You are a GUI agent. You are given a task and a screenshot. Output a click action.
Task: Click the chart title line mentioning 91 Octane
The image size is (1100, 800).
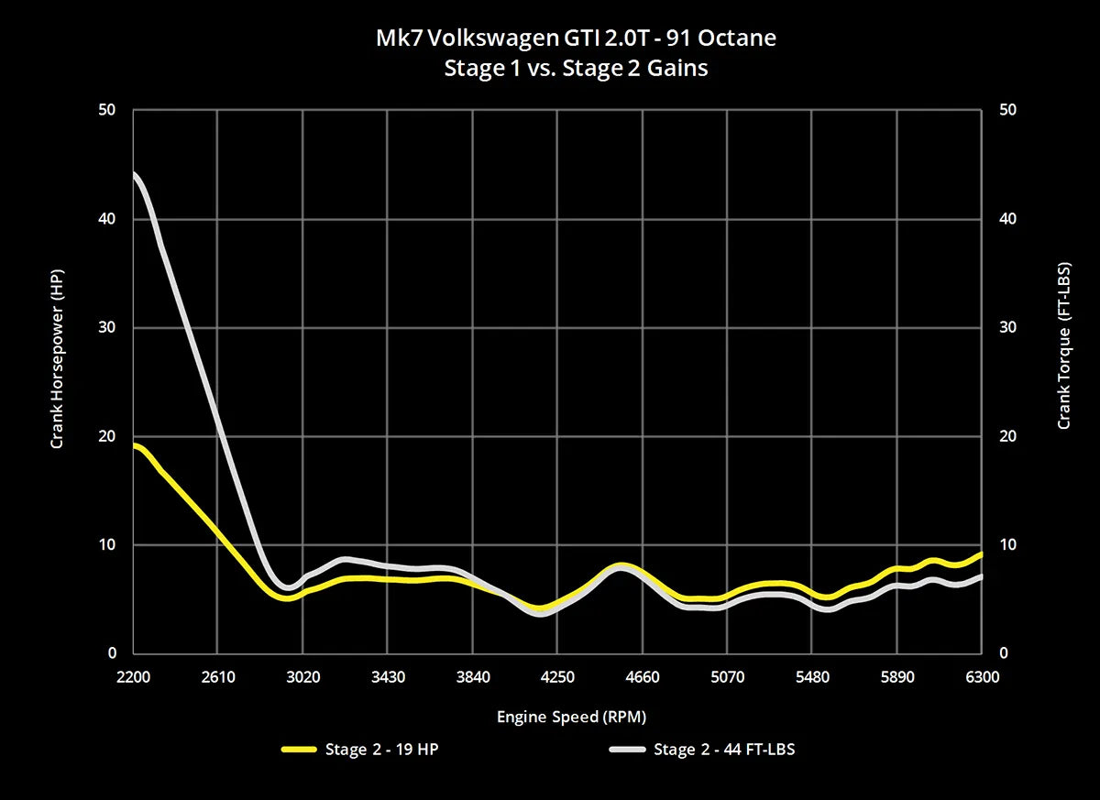tap(576, 38)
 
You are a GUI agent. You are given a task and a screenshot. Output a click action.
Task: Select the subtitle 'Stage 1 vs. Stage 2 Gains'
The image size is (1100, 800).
tap(576, 68)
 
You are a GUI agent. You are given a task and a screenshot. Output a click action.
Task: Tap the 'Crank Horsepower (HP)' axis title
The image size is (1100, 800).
tap(57, 378)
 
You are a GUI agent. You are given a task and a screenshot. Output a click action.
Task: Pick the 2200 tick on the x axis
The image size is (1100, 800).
tap(134, 677)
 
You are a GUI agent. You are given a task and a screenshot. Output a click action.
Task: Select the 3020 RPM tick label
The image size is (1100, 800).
tap(302, 677)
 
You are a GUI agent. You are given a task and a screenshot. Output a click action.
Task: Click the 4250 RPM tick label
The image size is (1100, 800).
tap(557, 677)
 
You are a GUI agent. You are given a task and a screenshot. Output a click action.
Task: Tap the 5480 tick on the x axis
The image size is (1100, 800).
tap(811, 677)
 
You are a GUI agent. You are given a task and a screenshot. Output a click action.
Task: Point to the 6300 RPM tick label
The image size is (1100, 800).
tap(981, 677)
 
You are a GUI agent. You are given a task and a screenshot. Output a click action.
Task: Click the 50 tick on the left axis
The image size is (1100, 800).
tap(108, 110)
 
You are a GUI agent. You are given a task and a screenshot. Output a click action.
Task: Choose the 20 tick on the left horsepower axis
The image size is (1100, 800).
tap(108, 436)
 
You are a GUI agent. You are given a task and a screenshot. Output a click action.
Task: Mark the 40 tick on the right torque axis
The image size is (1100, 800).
tap(1007, 219)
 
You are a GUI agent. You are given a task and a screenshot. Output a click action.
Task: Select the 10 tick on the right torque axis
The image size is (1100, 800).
tap(1007, 545)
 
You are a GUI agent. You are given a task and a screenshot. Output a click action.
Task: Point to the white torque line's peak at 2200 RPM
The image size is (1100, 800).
tap(135, 173)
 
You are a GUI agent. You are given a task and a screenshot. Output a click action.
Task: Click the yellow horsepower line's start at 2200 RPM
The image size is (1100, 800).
tap(135, 445)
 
